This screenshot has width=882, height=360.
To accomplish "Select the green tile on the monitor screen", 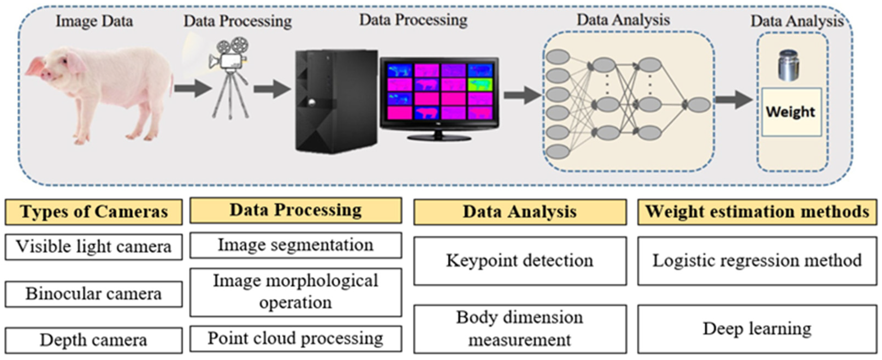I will (x=480, y=84).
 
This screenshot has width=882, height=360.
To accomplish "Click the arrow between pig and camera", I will (x=193, y=88).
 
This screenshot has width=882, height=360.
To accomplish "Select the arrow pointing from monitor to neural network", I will (x=521, y=95).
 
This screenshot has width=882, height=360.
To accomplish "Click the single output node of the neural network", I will (x=699, y=104).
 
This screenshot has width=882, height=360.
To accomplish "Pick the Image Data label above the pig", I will (x=94, y=21).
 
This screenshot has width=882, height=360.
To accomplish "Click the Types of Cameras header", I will (x=93, y=212).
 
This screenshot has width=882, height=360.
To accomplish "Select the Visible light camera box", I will (x=93, y=247).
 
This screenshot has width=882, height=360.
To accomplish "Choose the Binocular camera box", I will (x=93, y=294).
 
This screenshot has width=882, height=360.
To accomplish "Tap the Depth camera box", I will (x=93, y=340).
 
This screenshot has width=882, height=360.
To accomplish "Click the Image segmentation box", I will (x=295, y=245).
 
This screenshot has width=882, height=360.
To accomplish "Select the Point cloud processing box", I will (x=295, y=338).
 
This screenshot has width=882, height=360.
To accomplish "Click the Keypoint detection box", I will (x=520, y=261).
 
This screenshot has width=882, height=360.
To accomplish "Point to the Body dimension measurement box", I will (x=520, y=329).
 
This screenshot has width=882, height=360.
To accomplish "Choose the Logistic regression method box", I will (x=757, y=261).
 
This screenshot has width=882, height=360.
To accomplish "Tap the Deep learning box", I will (x=757, y=329).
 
